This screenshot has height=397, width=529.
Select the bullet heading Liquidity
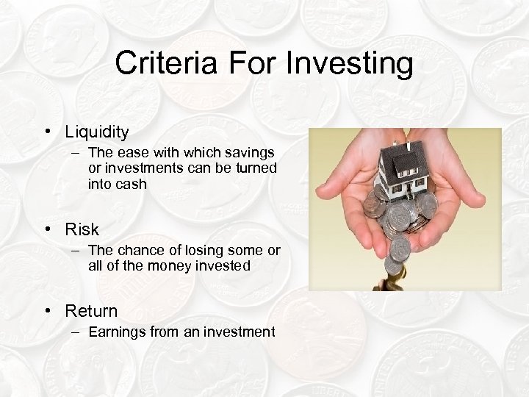point(96,132)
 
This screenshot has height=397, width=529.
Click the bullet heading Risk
point(82,229)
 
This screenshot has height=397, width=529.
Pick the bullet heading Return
point(91,311)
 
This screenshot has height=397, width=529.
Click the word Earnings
point(117,332)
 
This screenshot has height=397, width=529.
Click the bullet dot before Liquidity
point(46,132)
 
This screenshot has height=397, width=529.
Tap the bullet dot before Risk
point(46,229)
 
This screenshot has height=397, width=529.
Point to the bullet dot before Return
point(46,311)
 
